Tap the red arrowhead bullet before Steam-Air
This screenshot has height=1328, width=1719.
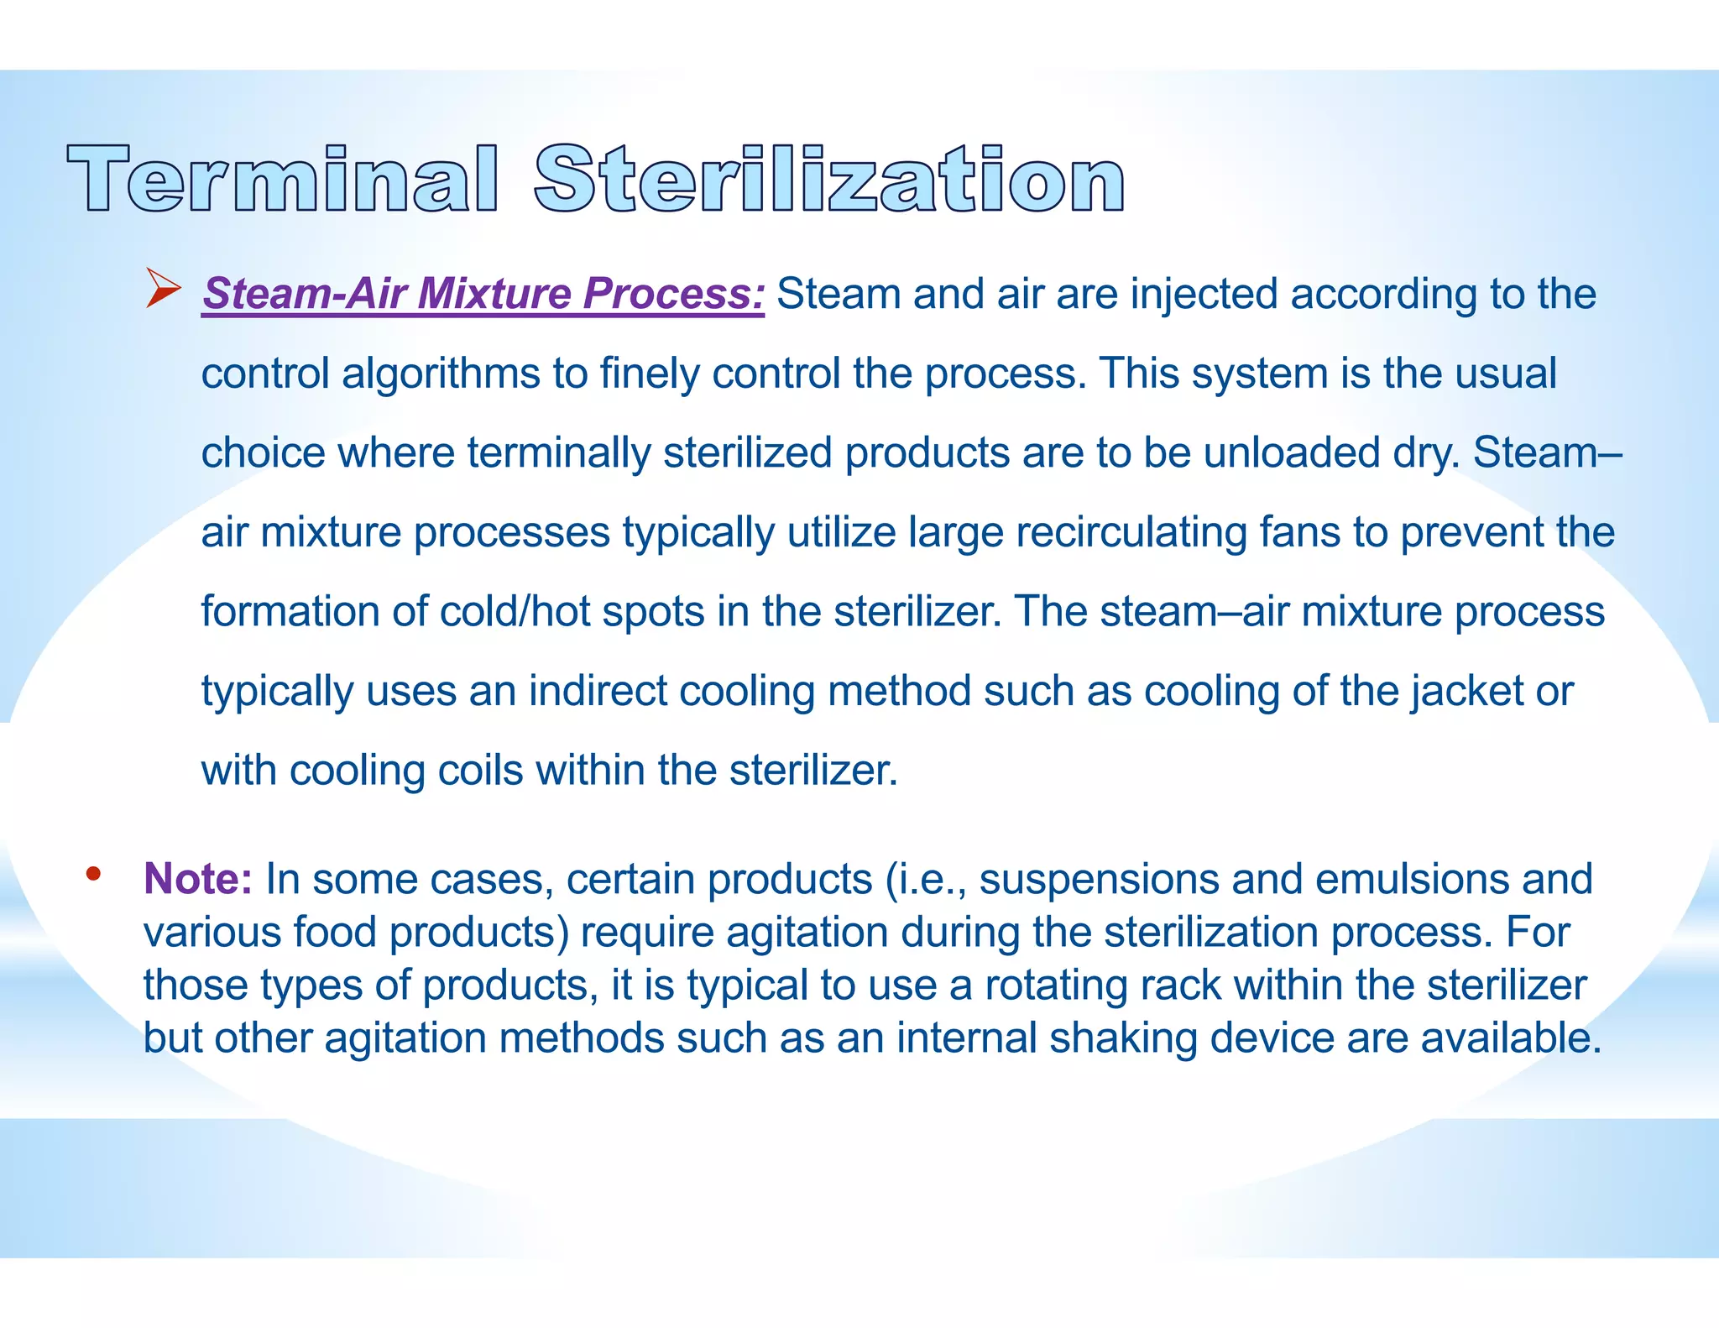click(x=163, y=288)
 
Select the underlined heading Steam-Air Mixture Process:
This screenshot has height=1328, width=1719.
click(x=483, y=294)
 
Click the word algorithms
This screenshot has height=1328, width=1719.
click(x=441, y=374)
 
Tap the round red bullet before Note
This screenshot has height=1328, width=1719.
click(x=93, y=874)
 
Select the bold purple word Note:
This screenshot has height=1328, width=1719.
click(x=198, y=879)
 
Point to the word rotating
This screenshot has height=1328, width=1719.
click(x=1056, y=985)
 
